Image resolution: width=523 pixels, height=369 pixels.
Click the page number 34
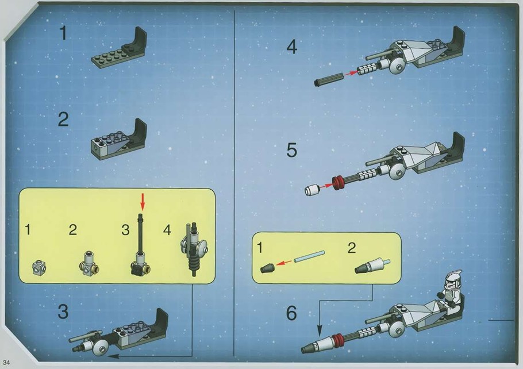tap(6, 363)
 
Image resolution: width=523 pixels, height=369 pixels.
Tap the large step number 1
tap(63, 33)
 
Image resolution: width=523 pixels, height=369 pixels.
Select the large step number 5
tap(291, 150)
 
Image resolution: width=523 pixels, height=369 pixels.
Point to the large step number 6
tap(291, 313)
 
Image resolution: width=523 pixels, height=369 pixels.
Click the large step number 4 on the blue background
tap(292, 47)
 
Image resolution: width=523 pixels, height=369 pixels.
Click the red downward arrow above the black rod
tap(143, 202)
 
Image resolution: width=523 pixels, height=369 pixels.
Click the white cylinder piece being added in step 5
tap(312, 190)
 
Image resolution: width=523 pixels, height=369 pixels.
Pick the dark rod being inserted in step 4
tap(329, 79)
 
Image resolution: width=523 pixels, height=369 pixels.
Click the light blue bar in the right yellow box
tap(310, 256)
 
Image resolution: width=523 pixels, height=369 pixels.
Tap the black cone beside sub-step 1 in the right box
tap(267, 268)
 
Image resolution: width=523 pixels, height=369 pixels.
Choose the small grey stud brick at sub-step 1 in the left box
tap(39, 268)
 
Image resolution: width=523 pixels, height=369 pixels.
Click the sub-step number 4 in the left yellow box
tap(167, 230)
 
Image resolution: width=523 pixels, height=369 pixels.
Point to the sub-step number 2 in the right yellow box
tap(352, 248)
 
